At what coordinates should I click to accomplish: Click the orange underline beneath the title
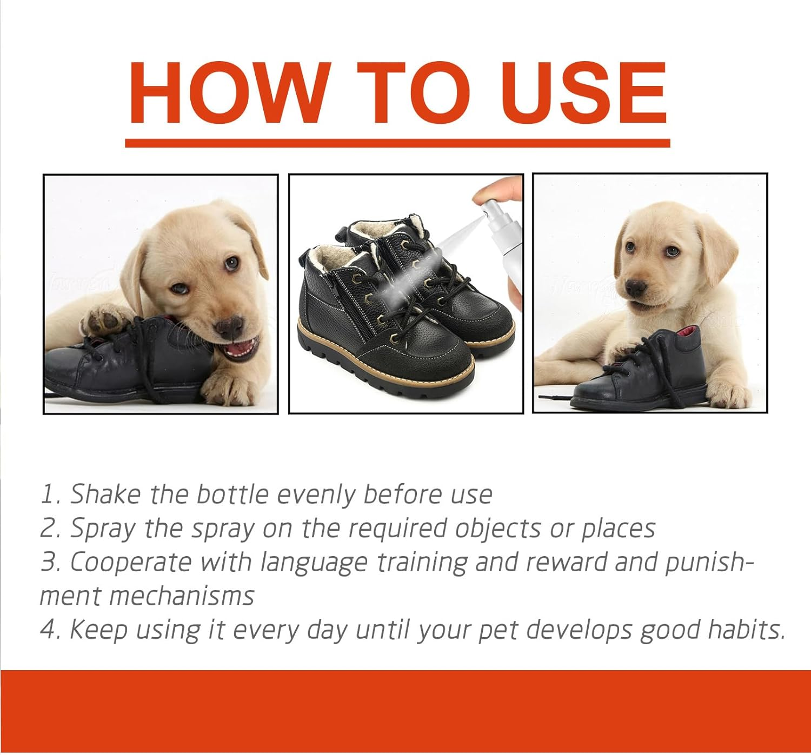pos(397,143)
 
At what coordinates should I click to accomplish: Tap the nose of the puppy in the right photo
pos(636,288)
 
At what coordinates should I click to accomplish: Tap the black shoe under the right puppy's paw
pos(649,373)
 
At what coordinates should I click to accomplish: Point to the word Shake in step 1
pos(105,494)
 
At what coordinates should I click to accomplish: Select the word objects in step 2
pos(497,529)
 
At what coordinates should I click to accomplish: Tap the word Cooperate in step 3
pos(130,563)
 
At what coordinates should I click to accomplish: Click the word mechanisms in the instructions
pos(181,597)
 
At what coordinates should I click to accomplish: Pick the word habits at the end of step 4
pos(746,630)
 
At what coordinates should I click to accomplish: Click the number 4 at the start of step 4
pos(49,630)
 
